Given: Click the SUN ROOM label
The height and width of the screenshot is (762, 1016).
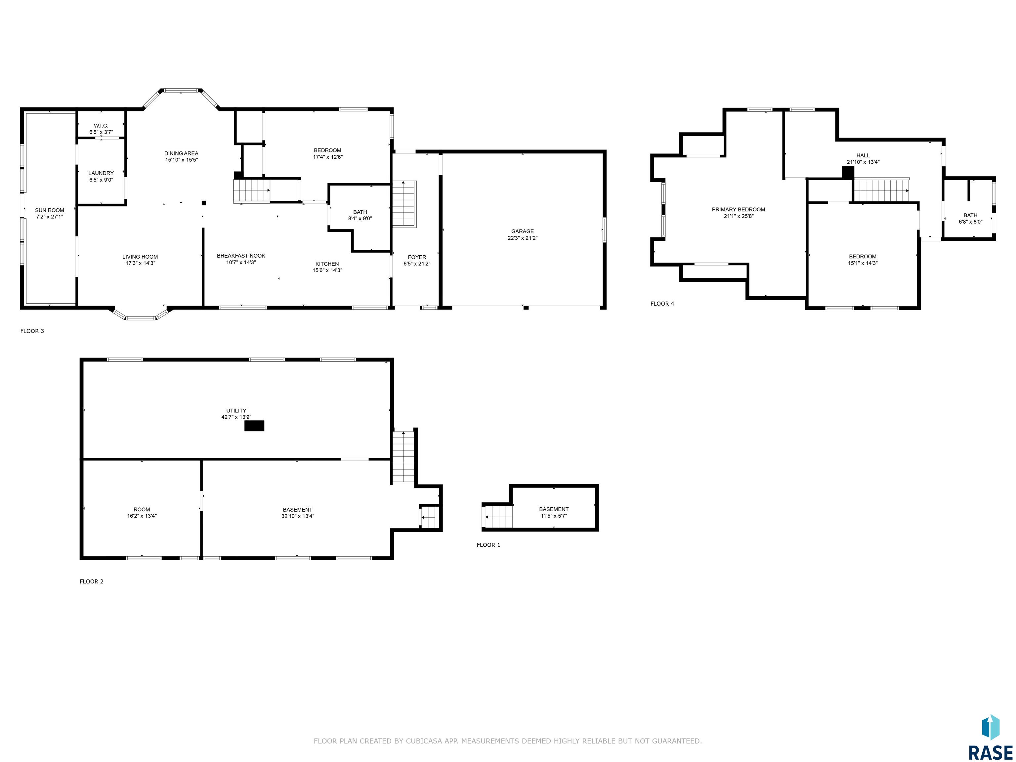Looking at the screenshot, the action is click(x=50, y=210).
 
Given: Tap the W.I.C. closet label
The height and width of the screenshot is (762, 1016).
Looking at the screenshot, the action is click(x=101, y=126).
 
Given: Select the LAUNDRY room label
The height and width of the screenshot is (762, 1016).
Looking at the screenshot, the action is click(x=101, y=173).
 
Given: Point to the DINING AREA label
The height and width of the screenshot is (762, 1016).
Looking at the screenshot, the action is click(x=182, y=153).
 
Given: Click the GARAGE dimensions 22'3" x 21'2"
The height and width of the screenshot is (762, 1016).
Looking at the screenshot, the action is click(x=523, y=238).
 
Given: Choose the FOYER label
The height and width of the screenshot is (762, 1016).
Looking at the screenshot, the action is click(x=417, y=257).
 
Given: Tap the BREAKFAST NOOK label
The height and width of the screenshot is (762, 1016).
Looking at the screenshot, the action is click(x=241, y=256).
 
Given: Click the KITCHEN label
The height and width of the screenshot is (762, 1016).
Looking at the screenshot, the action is click(x=327, y=264).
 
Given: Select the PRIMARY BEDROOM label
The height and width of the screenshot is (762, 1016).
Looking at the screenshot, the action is click(x=739, y=209).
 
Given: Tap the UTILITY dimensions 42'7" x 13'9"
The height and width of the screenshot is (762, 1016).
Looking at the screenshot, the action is click(x=236, y=417).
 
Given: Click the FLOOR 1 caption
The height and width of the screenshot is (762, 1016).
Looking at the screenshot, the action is click(x=488, y=545).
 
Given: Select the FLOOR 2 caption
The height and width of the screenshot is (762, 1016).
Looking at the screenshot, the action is click(x=91, y=581).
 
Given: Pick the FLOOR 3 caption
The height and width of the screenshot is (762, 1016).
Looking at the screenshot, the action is click(x=32, y=331).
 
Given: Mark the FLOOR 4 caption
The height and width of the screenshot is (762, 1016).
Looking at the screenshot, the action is click(x=662, y=304).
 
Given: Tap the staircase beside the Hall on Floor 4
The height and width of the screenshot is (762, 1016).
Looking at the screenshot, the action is click(x=881, y=190).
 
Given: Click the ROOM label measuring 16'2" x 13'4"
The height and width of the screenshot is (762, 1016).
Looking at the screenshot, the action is click(x=142, y=509).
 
